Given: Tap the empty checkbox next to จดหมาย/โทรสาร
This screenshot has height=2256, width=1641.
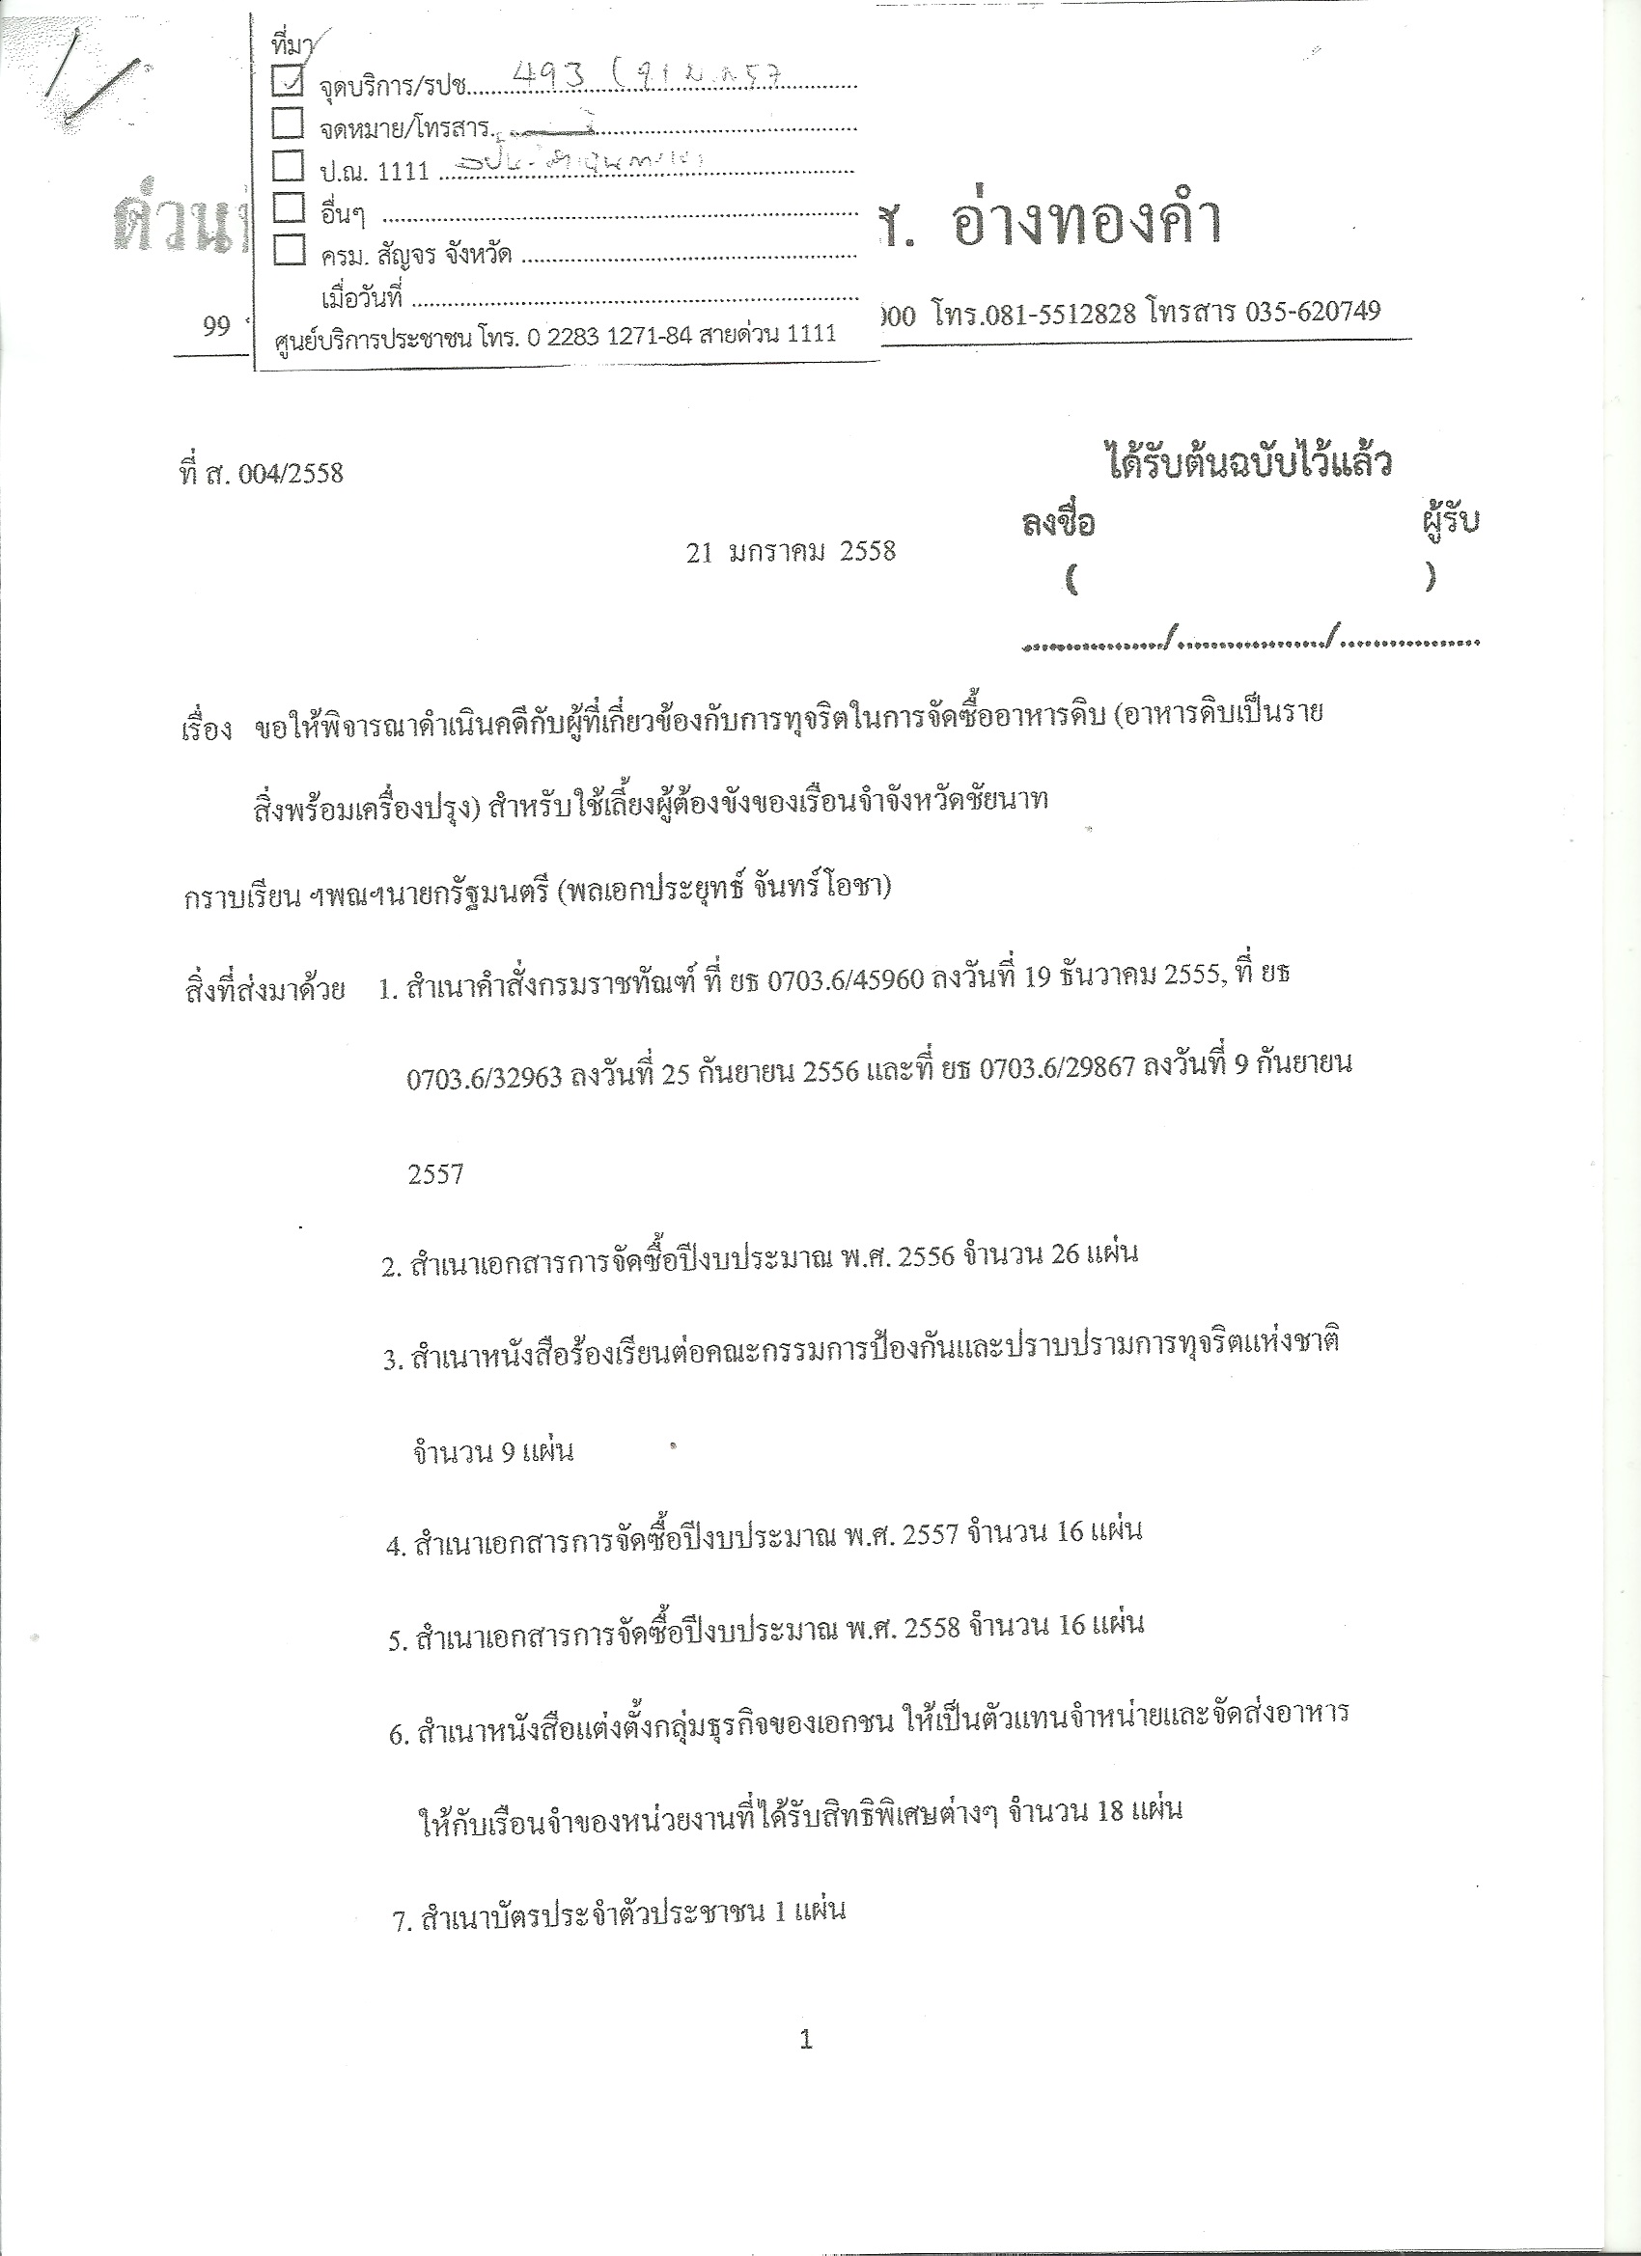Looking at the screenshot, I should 288,124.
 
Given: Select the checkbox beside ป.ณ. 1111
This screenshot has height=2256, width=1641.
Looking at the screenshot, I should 288,165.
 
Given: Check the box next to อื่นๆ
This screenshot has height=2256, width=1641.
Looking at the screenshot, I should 288,206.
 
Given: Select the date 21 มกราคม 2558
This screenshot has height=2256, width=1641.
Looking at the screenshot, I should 792,551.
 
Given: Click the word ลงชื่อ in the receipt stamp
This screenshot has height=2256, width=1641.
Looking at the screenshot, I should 1058,523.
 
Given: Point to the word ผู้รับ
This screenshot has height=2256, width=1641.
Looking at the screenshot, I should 1450,520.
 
